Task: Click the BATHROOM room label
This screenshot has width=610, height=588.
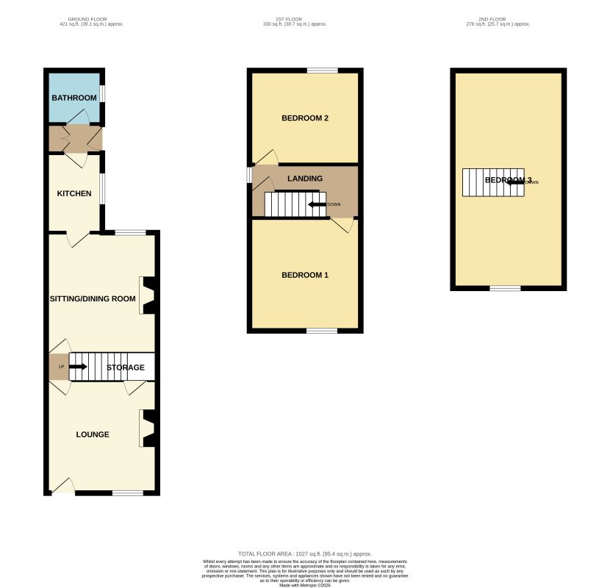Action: [74, 98]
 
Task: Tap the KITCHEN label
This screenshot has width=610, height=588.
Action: [74, 194]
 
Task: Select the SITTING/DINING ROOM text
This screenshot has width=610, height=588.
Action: [93, 298]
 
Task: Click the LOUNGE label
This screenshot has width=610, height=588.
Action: [93, 434]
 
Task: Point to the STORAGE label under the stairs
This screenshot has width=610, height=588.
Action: [125, 367]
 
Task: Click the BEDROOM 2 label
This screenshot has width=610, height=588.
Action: [304, 118]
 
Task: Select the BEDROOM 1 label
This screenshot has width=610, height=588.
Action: [304, 275]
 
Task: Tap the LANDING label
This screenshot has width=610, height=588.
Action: [304, 179]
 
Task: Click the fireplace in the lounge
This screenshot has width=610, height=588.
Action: [148, 428]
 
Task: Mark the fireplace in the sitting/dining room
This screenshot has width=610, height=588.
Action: [148, 295]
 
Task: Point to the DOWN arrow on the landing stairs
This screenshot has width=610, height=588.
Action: [317, 204]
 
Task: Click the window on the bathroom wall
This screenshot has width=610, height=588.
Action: [102, 94]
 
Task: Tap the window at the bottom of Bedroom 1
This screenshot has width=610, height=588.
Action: [322, 331]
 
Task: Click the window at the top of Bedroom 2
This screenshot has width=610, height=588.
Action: [322, 71]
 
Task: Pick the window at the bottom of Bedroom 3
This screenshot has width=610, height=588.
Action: [505, 288]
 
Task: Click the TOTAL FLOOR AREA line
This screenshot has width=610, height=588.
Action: [305, 553]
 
